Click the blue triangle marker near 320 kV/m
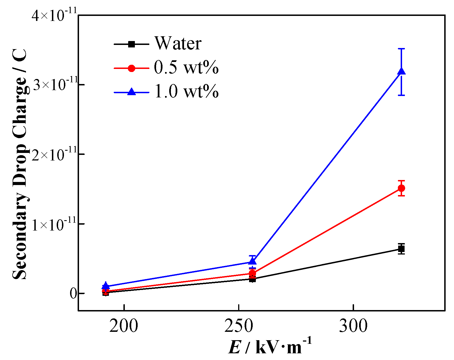click(x=401, y=71)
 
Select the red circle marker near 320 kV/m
click(x=401, y=188)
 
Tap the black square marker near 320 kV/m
click(x=401, y=249)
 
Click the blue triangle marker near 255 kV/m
click(x=252, y=261)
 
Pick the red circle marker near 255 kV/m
click(x=252, y=273)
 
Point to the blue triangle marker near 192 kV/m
click(x=106, y=285)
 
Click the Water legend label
click(x=178, y=44)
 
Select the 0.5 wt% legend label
click(x=186, y=68)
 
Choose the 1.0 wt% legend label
click(x=186, y=92)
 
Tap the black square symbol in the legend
click(x=132, y=44)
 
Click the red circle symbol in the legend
click(x=132, y=68)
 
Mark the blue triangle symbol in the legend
click(x=132, y=92)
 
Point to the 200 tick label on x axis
click(x=124, y=326)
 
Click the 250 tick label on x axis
click(x=239, y=326)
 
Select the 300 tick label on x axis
click(x=353, y=326)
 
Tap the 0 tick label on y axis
click(x=73, y=294)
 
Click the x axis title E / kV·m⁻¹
click(x=270, y=346)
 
